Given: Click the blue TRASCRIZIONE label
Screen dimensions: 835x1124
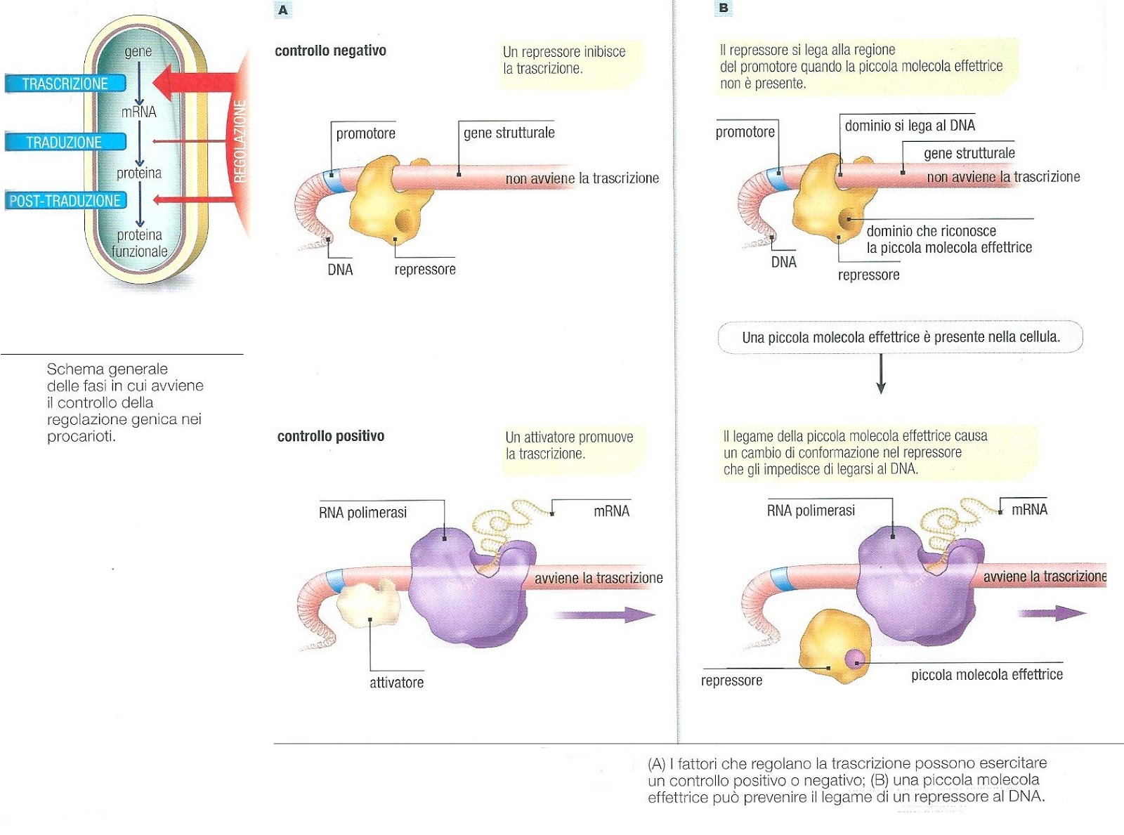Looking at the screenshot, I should (65, 84).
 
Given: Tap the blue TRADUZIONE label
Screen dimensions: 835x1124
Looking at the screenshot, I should (64, 142).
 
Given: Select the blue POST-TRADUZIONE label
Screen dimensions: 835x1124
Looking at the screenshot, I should (65, 201).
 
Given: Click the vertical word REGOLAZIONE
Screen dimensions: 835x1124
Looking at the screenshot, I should (240, 141).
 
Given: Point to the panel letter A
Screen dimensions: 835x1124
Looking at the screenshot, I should (282, 10).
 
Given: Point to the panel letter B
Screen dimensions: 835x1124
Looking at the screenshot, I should (724, 8).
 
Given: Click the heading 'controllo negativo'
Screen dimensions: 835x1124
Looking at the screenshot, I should (330, 51).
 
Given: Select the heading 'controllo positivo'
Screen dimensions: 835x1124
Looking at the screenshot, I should (331, 436).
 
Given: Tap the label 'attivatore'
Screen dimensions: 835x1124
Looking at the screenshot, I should (396, 683).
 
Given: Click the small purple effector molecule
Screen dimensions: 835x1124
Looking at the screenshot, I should (854, 659).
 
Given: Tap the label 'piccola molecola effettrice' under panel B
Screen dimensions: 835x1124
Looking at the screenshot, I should (986, 675).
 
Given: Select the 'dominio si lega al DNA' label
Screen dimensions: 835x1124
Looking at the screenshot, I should (910, 126).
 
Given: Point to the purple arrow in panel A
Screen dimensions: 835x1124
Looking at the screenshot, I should (604, 615).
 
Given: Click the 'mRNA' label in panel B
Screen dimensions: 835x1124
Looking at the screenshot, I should (1029, 509).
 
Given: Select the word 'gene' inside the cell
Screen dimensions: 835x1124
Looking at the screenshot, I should (138, 51).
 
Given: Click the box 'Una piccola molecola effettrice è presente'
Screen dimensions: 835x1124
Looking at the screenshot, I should (900, 337).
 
